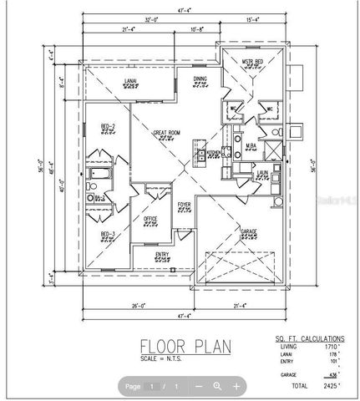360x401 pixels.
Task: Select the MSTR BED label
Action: [x=253, y=62]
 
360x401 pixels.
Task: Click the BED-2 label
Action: [x=109, y=125]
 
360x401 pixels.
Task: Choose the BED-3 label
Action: [x=108, y=234]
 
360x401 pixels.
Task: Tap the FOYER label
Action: [x=184, y=203]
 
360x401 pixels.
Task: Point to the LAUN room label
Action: [x=261, y=173]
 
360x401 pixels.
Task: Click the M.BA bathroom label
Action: [x=250, y=146]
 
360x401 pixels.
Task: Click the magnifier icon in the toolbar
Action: [x=217, y=386]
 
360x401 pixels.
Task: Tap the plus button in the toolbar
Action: [x=236, y=386]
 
